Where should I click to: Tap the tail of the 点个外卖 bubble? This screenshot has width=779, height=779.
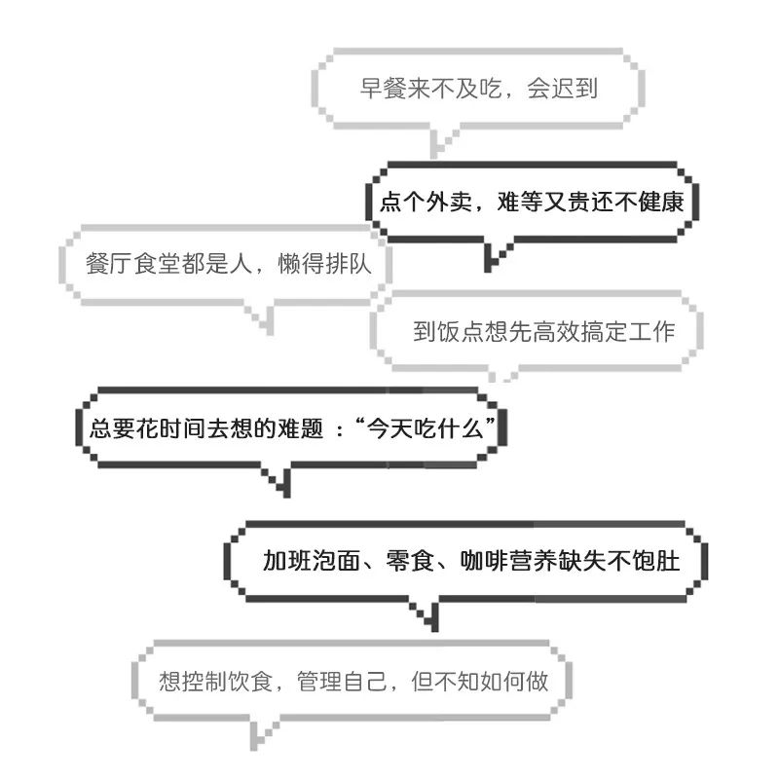[495, 256]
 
